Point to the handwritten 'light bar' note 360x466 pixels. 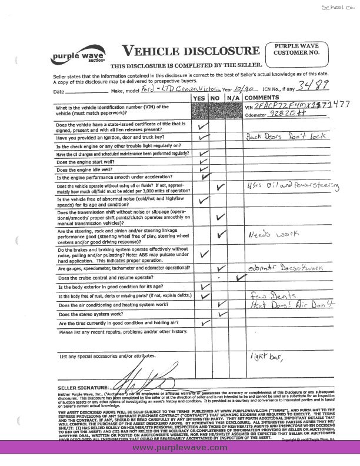pyautogui.click(x=268, y=357)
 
